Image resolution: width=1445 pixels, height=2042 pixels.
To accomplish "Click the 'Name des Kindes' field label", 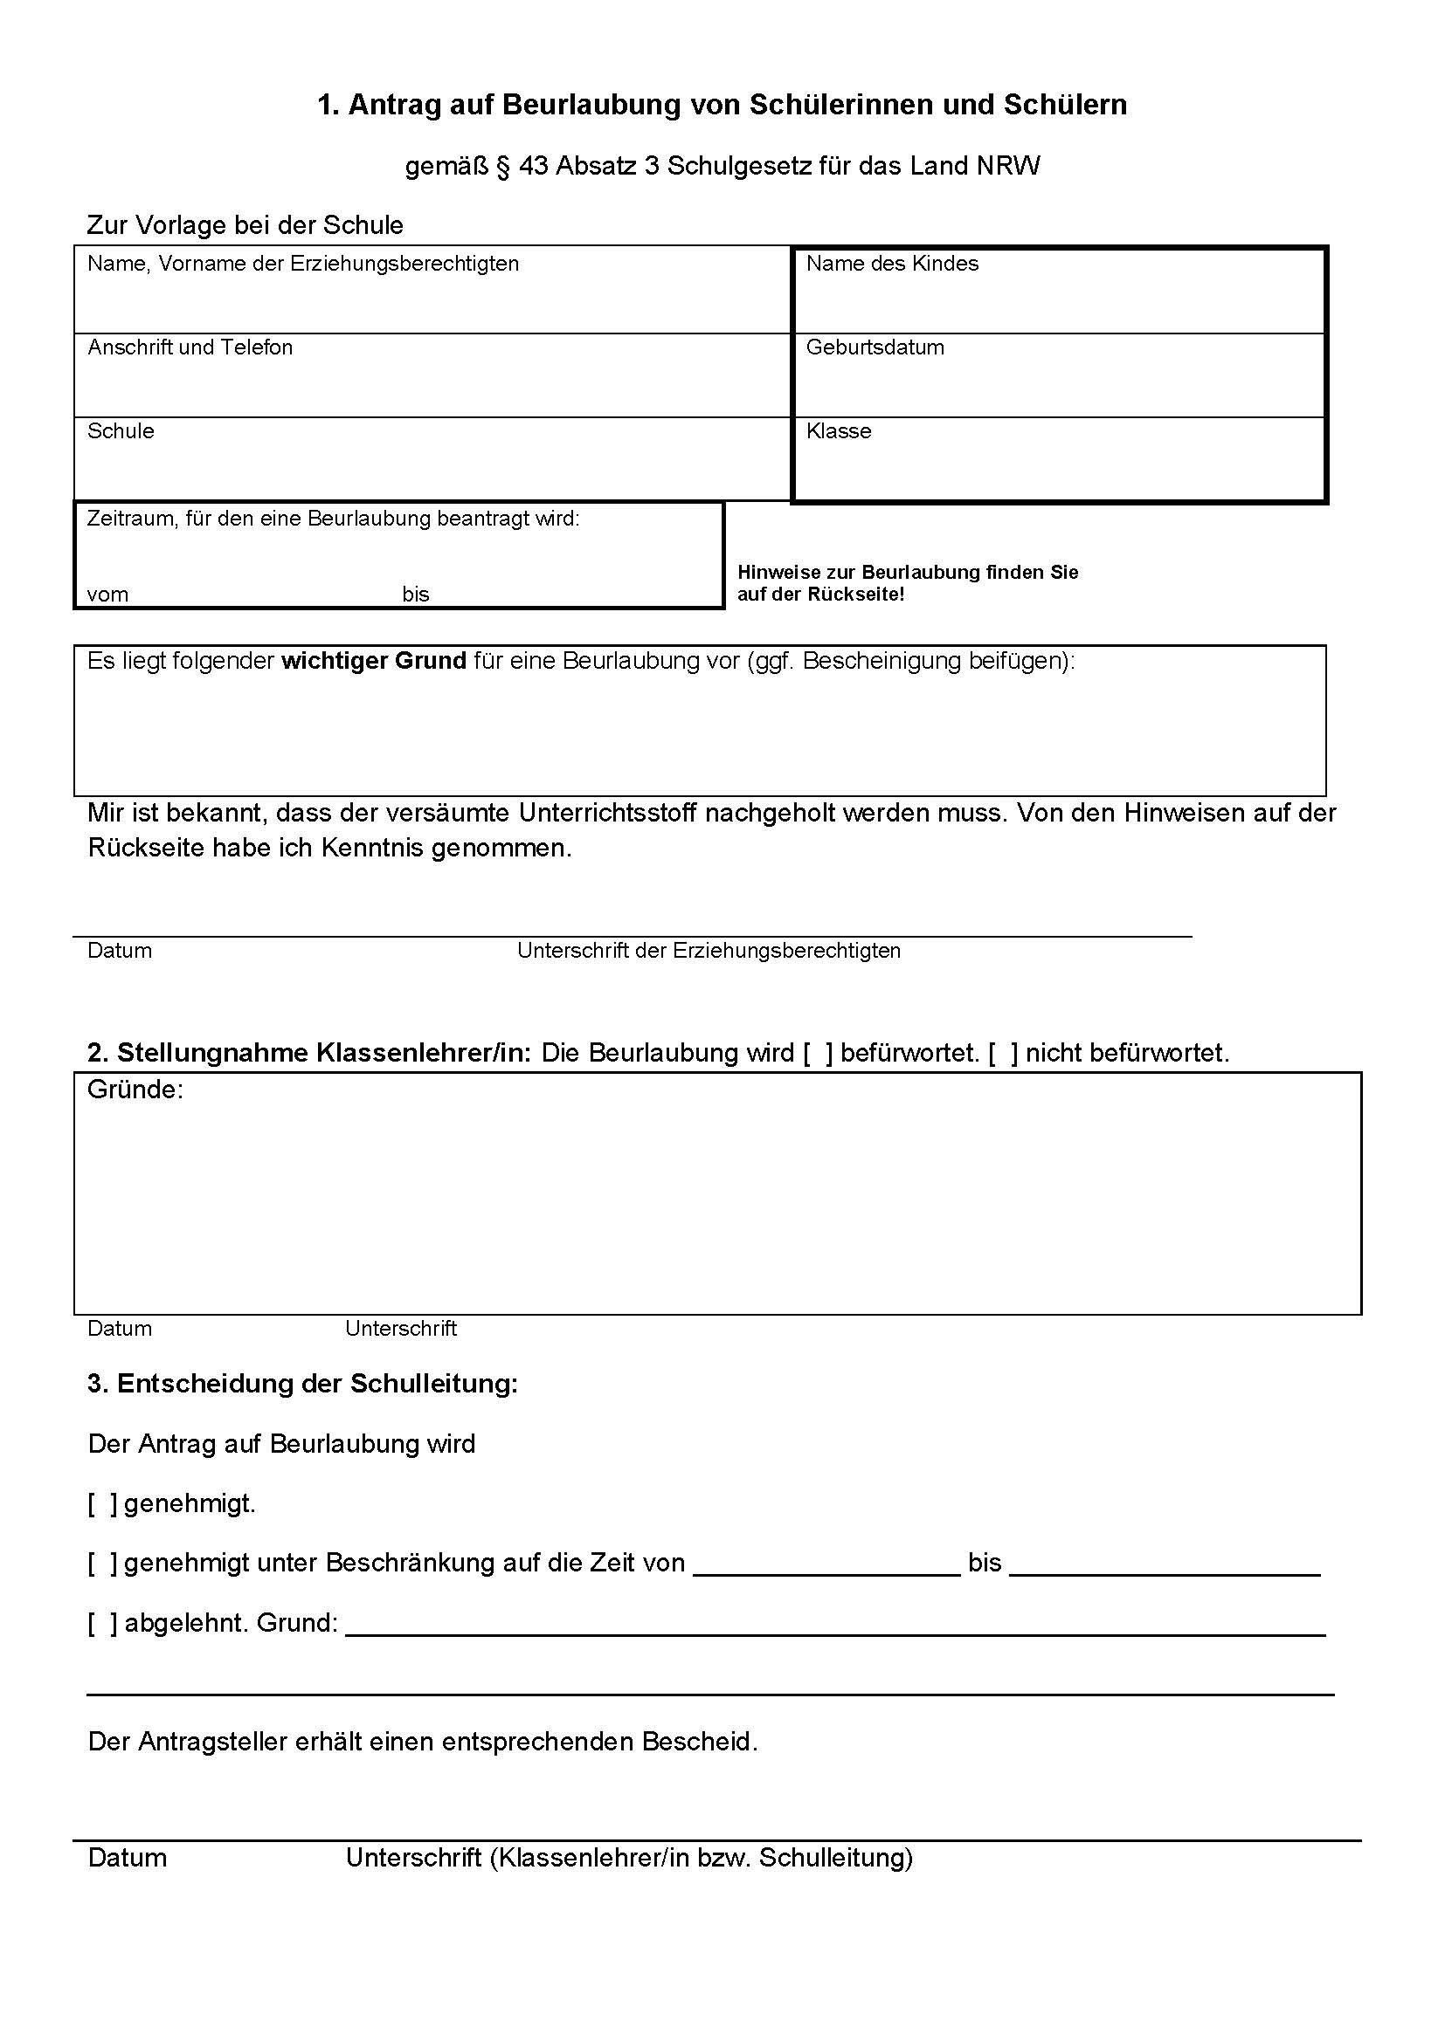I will click(892, 265).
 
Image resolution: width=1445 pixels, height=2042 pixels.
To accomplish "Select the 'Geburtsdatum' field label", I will click(875, 347).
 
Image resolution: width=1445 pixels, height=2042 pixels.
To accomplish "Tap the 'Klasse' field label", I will click(838, 431).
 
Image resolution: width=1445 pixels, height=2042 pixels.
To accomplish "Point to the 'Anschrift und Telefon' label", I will click(190, 347).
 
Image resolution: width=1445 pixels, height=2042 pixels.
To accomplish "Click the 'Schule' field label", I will click(120, 431).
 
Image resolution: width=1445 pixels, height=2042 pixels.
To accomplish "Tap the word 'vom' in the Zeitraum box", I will click(107, 595).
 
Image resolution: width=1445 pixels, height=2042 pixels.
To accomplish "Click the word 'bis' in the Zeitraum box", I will click(416, 595).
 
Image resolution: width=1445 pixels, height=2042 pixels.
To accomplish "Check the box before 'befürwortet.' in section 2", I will click(818, 1054).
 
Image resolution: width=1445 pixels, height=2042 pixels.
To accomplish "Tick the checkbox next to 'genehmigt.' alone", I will click(102, 1504).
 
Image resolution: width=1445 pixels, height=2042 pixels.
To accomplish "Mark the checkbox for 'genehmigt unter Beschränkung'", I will click(102, 1564).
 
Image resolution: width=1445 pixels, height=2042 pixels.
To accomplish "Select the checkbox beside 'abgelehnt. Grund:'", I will click(102, 1623).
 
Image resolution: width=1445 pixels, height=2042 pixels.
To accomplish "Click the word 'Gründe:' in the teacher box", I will click(135, 1090).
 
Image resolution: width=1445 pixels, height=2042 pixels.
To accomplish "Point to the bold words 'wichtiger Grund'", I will click(374, 661).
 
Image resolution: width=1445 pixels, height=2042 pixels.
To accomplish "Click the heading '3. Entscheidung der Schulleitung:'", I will click(302, 1384).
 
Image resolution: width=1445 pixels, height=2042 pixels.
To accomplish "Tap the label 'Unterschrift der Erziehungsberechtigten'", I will click(709, 951).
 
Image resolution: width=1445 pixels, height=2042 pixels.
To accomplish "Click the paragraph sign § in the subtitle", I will click(502, 167).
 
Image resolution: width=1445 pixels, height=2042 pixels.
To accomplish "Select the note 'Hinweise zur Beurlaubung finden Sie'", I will click(908, 573).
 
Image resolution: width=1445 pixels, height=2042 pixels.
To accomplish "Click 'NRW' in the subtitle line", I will click(1007, 167).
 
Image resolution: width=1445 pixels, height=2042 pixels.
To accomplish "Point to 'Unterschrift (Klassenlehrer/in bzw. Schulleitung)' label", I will click(629, 1858).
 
